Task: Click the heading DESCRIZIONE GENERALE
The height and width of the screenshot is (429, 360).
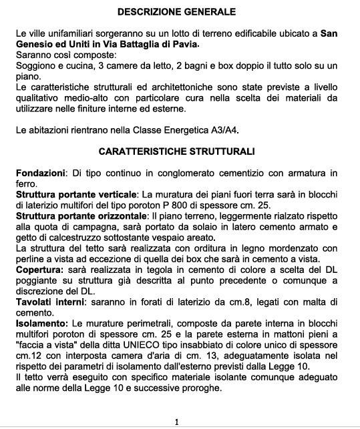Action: pyautogui.click(x=176, y=12)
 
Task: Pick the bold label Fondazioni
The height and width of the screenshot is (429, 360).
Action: pyautogui.click(x=40, y=173)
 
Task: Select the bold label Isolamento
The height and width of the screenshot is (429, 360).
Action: pyautogui.click(x=41, y=323)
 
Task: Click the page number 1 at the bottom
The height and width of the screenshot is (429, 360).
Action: pyautogui.click(x=176, y=422)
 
